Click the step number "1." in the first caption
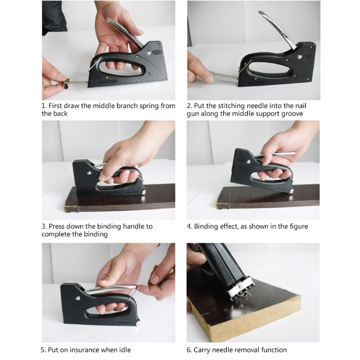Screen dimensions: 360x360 [x=44, y=106]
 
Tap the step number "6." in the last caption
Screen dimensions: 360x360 [x=189, y=350]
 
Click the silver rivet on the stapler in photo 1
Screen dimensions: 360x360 [x=148, y=54]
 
